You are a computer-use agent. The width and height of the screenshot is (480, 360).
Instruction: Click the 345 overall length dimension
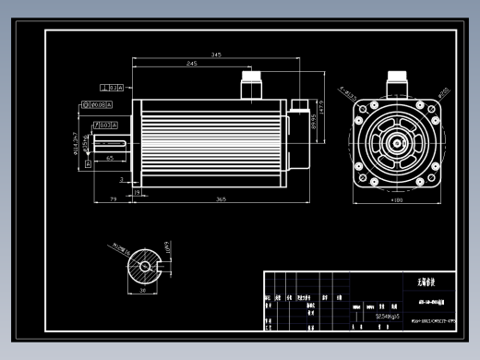point(216,54)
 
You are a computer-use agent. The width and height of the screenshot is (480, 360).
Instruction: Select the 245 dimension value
point(191,64)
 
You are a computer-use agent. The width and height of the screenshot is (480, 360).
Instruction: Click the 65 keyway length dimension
point(110,159)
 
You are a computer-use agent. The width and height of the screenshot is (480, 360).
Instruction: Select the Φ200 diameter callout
point(443,92)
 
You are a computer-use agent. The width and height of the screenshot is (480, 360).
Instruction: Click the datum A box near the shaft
point(89,163)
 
